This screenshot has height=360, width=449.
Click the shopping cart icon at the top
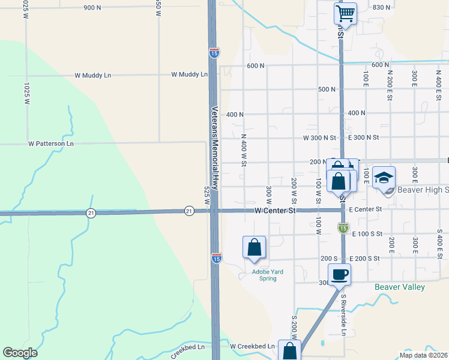(x=345, y=13)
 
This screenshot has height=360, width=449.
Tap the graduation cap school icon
(x=384, y=178)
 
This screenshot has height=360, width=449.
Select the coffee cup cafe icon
(x=339, y=274)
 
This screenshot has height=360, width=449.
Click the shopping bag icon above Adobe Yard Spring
(x=254, y=247)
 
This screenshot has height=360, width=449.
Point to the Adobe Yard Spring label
(x=267, y=275)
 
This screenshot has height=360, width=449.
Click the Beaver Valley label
(x=399, y=287)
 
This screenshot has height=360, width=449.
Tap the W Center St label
(x=276, y=211)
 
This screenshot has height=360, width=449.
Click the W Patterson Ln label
(x=50, y=144)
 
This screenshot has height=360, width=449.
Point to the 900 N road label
(x=92, y=8)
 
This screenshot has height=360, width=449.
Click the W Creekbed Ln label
(x=252, y=346)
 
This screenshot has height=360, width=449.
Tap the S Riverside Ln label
(x=344, y=314)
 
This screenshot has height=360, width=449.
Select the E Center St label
(x=365, y=209)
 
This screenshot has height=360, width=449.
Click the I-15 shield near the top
(x=214, y=53)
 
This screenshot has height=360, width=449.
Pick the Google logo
(x=20, y=353)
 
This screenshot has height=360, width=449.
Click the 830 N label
(x=381, y=7)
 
